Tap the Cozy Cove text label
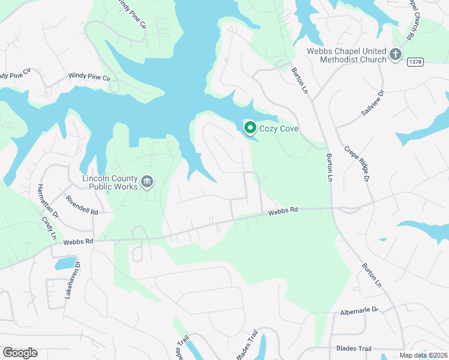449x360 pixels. click(279, 128)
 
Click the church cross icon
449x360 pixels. click(395, 55)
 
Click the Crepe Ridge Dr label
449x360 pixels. click(355, 163)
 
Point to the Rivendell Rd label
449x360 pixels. click(82, 206)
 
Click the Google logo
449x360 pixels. click(20, 353)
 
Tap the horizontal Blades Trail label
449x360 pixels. click(354, 349)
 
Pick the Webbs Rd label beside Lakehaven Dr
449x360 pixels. click(79, 242)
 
